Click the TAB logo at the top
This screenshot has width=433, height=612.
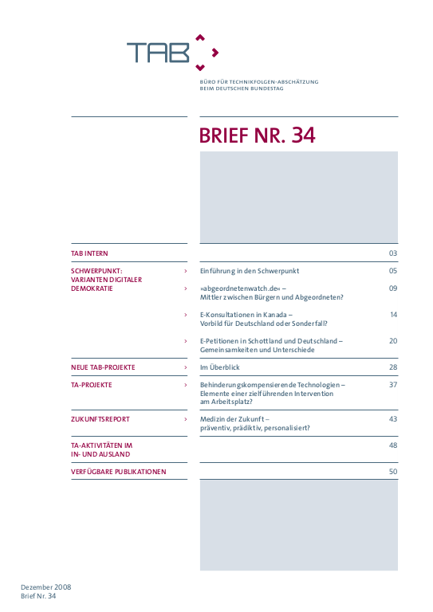point(171,52)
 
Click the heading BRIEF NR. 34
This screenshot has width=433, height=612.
point(257,135)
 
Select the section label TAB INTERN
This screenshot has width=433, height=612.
point(89,253)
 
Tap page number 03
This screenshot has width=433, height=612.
point(392,253)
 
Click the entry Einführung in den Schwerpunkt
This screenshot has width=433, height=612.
point(249,271)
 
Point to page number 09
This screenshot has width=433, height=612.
point(392,288)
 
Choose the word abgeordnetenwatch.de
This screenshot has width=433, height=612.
point(240,288)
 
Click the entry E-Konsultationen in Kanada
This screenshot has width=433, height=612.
point(246,315)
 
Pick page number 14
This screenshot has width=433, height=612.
point(393,315)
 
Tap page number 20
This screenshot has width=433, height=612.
point(392,340)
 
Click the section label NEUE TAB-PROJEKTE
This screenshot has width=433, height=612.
point(103,367)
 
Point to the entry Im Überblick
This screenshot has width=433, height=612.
point(219,367)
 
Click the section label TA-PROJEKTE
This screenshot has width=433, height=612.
point(91,384)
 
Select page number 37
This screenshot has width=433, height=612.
point(392,384)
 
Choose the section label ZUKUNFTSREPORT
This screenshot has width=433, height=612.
point(100,418)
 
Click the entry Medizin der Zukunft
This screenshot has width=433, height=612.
point(234,418)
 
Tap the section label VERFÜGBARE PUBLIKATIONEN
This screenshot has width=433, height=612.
point(118,472)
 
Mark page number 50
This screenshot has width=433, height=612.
point(392,472)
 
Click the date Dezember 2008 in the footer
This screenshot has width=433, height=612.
point(45,586)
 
